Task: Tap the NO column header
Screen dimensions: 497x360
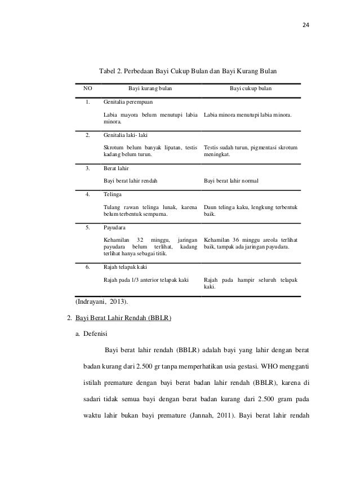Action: coord(88,89)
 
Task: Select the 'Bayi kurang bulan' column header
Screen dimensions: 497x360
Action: coord(150,89)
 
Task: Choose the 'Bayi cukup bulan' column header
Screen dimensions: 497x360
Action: coord(251,89)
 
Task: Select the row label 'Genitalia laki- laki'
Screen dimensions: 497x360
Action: coord(125,136)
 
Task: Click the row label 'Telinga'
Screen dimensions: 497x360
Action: coord(113,194)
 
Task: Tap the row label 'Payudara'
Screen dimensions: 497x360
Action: coord(115,228)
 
